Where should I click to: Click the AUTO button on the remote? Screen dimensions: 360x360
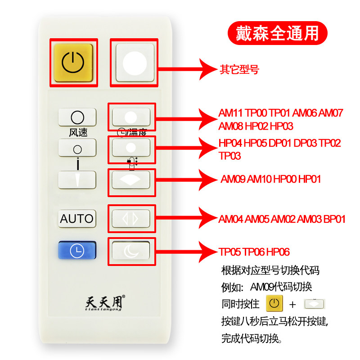(77, 219)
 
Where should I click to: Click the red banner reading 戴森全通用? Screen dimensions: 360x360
(277, 32)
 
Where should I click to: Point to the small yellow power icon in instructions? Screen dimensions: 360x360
(274, 304)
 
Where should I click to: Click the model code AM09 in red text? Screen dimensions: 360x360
(234, 179)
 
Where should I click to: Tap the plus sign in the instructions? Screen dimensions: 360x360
(292, 304)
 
